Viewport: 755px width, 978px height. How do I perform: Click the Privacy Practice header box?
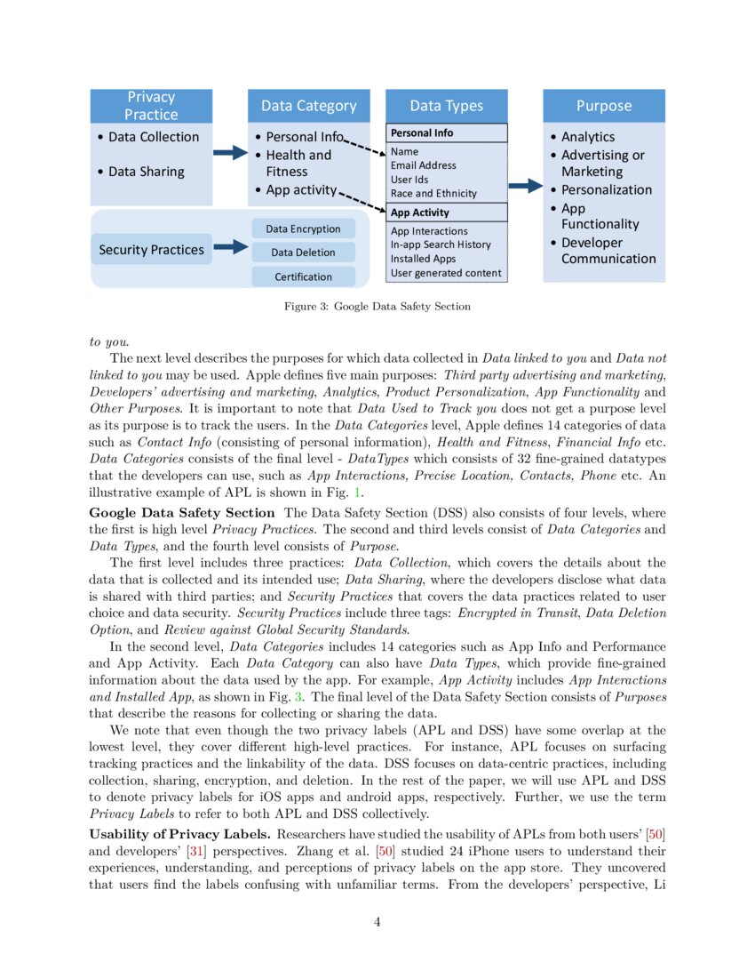tap(151, 106)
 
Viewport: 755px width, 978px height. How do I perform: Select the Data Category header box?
tap(308, 106)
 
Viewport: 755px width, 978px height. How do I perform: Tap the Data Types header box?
tap(446, 106)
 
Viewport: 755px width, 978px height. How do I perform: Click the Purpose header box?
tap(603, 106)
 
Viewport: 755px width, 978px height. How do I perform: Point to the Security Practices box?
tap(151, 250)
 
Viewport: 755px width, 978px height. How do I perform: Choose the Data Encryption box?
tap(303, 229)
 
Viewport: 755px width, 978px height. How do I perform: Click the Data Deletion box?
tap(303, 253)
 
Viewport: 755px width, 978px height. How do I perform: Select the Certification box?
tap(303, 277)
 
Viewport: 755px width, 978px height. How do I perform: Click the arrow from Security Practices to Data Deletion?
tap(231, 249)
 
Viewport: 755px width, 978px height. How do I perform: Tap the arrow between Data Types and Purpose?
tap(525, 186)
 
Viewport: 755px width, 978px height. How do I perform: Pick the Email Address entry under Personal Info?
tap(423, 165)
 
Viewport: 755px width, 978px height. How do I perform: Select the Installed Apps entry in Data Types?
tap(424, 259)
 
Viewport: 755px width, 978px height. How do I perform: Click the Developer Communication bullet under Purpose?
tap(608, 251)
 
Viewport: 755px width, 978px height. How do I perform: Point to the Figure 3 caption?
tap(377, 307)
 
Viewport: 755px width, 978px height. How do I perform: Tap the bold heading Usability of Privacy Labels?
tap(180, 834)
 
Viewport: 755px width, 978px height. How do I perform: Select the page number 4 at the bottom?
tap(377, 922)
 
